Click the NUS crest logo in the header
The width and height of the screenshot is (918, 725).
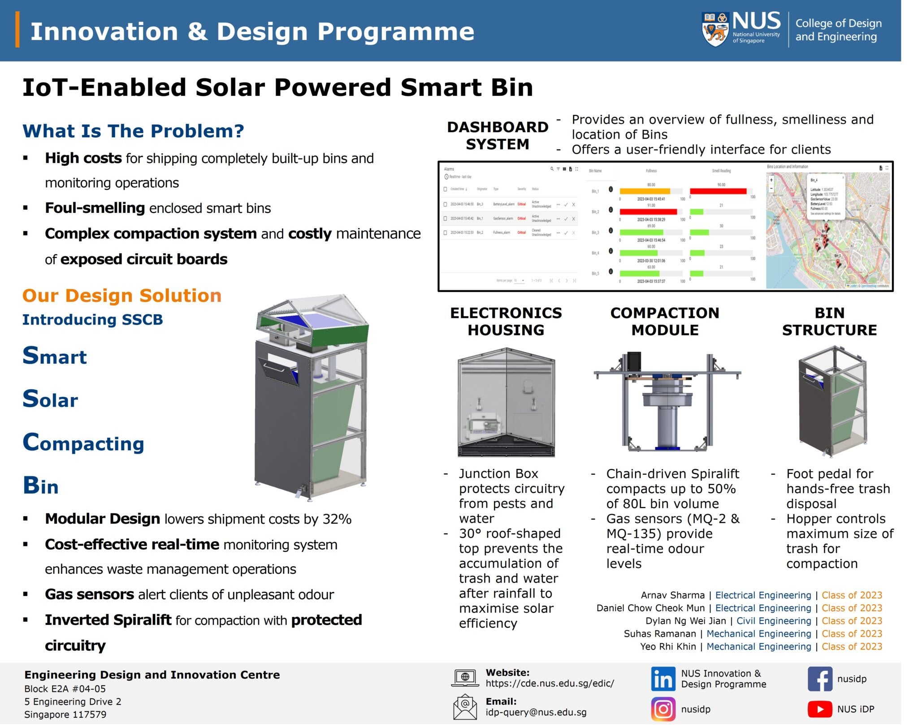[714, 30]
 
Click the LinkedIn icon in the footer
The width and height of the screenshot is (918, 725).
[663, 679]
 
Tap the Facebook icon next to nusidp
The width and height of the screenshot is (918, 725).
[819, 679]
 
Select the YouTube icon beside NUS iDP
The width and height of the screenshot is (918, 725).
[819, 709]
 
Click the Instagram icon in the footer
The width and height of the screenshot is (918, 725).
[663, 709]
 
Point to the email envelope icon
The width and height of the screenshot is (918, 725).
[465, 707]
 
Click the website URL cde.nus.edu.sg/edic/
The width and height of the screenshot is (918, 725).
[550, 683]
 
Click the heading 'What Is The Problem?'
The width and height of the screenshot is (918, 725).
[133, 131]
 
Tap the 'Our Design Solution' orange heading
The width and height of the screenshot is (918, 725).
[122, 295]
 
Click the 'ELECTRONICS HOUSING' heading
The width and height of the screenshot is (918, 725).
[506, 321]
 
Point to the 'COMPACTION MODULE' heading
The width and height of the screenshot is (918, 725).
[665, 321]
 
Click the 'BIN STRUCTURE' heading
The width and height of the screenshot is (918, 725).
[829, 321]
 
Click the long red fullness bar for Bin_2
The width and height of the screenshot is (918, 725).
[648, 212]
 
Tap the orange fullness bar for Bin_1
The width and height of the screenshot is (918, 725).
[645, 191]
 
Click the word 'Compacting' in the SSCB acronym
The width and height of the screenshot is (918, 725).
[83, 443]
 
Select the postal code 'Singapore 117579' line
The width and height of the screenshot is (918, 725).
[65, 714]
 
